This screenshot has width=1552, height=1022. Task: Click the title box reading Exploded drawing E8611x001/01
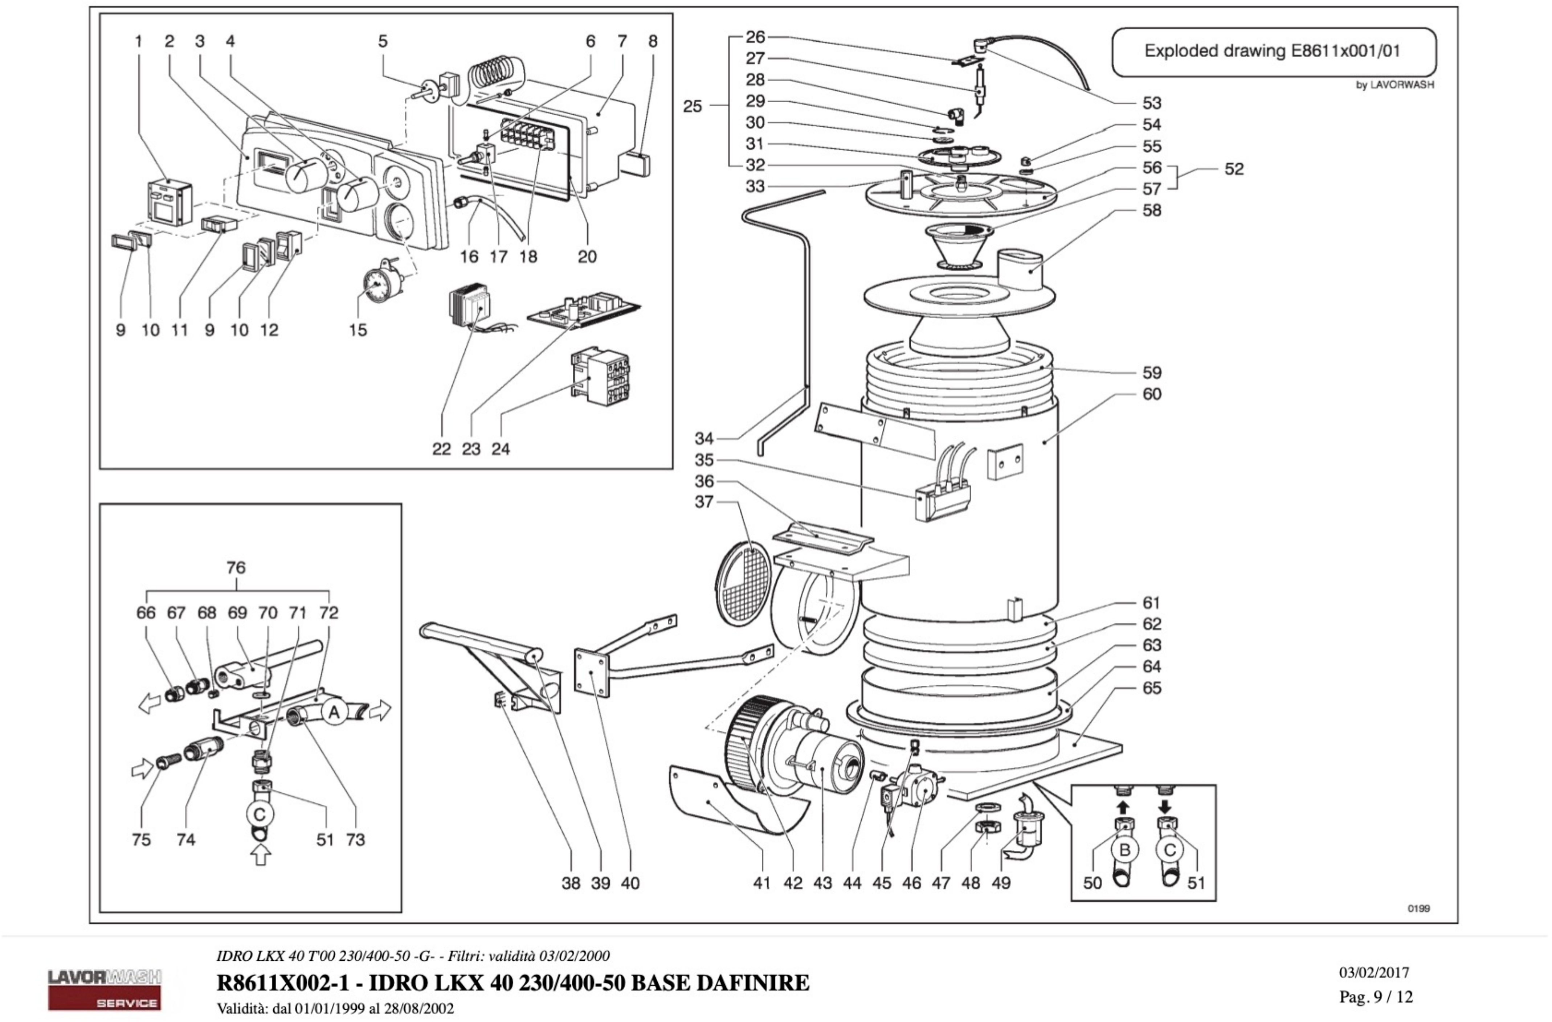point(1273,52)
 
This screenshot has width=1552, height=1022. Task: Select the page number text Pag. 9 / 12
point(1376,997)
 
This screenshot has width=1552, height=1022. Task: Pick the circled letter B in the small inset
point(1124,850)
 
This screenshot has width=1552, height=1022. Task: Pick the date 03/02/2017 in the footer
point(1374,972)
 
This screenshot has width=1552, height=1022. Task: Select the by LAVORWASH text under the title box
point(1395,85)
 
